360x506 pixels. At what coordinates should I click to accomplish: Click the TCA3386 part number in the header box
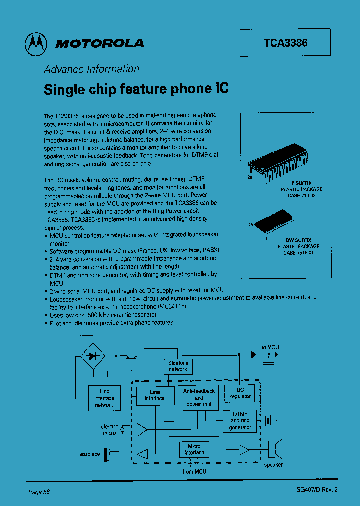click(286, 43)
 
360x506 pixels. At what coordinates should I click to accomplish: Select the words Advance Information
click(92, 69)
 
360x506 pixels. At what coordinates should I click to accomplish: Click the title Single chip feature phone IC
click(136, 89)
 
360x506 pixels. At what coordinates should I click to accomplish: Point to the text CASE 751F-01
click(299, 253)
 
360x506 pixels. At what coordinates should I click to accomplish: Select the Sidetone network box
click(178, 366)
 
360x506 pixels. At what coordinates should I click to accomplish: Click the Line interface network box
click(104, 398)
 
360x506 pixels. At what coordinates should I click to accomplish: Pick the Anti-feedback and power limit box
click(199, 397)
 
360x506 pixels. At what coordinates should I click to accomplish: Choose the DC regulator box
click(240, 393)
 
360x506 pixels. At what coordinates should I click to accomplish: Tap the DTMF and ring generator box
click(240, 421)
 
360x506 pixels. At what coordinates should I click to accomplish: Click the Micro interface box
click(194, 449)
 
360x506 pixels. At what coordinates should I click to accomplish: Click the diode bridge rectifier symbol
click(92, 356)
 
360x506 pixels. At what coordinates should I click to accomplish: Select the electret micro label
click(109, 430)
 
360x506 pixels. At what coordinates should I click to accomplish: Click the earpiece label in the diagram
click(90, 454)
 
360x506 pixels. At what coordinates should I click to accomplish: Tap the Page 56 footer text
click(39, 492)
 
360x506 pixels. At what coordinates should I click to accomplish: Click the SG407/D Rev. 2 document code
click(317, 490)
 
